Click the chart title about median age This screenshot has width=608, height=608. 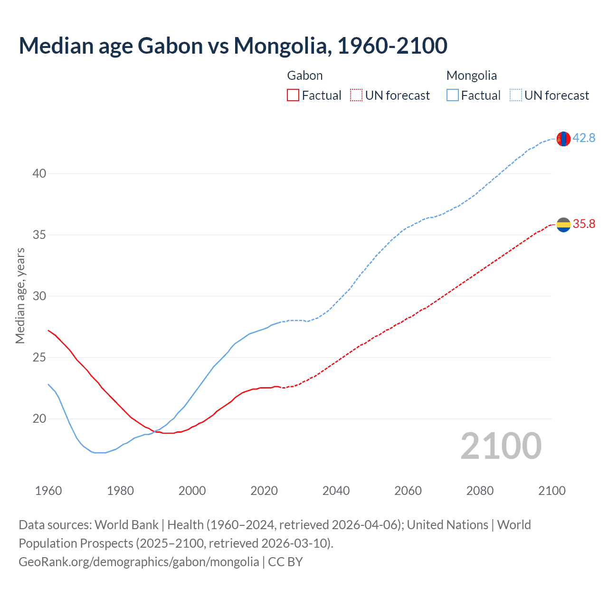[x=233, y=46]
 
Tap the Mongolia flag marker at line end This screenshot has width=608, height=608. [x=563, y=139]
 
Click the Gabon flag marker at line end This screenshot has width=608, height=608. [x=563, y=225]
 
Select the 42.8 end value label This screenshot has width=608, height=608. [x=584, y=138]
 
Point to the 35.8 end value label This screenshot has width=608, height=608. [x=584, y=224]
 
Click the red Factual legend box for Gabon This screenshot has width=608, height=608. [x=293, y=95]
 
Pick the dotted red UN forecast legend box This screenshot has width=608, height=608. [x=356, y=95]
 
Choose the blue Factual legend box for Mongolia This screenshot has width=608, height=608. [x=453, y=95]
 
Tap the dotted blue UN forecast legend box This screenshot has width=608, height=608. [x=515, y=95]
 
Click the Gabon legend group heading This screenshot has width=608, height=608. [x=305, y=76]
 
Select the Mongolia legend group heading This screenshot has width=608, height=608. [x=472, y=76]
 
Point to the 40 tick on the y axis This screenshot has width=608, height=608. [x=39, y=173]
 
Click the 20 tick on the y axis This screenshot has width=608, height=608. [x=39, y=418]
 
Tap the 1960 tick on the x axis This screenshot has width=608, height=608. [x=48, y=491]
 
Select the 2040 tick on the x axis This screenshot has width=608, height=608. [x=336, y=491]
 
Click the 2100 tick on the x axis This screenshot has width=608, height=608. [x=552, y=491]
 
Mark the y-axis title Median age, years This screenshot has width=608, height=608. [x=20, y=295]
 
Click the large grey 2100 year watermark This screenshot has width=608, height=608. [x=501, y=446]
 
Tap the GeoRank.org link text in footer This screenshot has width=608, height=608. [x=139, y=562]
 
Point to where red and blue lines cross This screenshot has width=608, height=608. [x=155, y=431]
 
